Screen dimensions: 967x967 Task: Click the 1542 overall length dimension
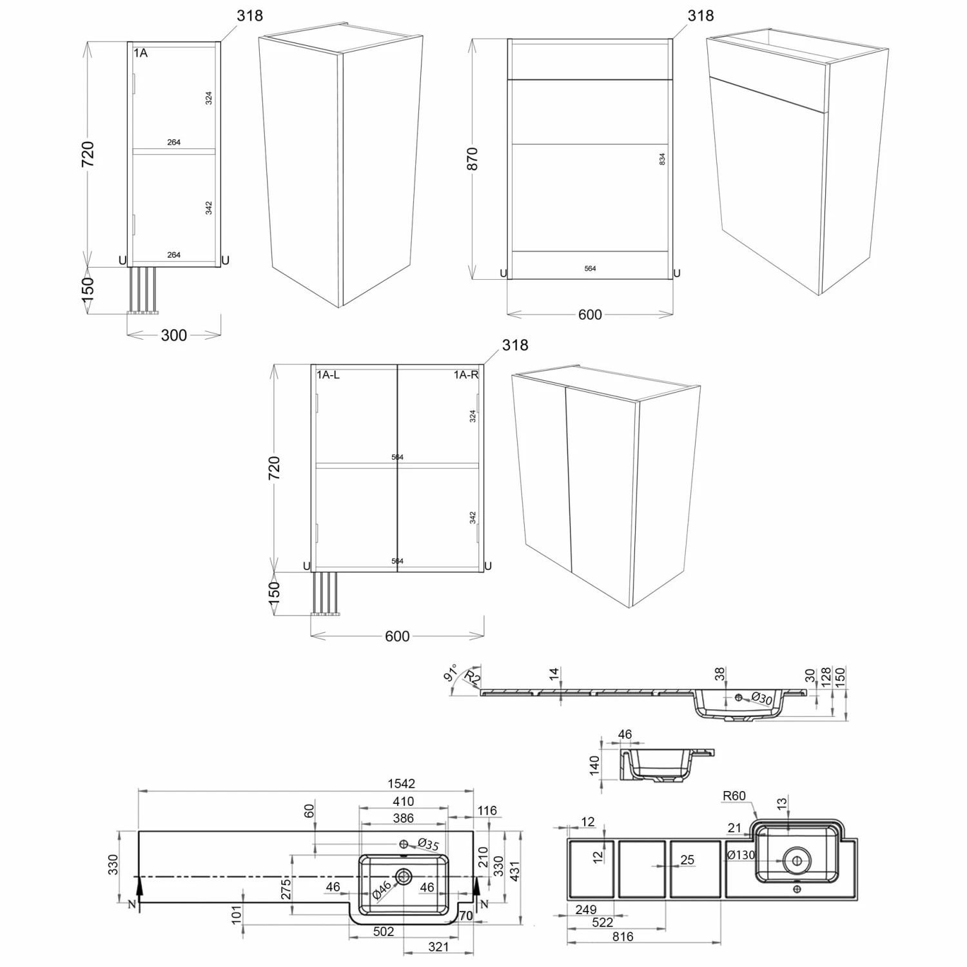pyautogui.click(x=401, y=783)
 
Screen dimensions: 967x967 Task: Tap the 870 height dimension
pyautogui.click(x=473, y=159)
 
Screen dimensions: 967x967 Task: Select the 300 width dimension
pyautogui.click(x=174, y=335)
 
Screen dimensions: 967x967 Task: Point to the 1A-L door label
pyautogui.click(x=328, y=375)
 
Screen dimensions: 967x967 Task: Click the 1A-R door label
pyautogui.click(x=466, y=375)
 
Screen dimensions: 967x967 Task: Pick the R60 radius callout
pyautogui.click(x=734, y=796)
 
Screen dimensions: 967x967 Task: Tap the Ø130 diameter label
pyautogui.click(x=741, y=855)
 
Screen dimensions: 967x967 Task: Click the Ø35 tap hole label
pyautogui.click(x=428, y=845)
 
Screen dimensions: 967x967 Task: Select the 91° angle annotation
pyautogui.click(x=451, y=672)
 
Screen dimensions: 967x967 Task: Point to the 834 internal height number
pyautogui.click(x=662, y=159)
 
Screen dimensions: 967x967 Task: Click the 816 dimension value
pyautogui.click(x=623, y=937)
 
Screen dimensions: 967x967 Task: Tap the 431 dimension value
pyautogui.click(x=514, y=871)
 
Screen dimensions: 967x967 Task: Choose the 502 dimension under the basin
pyautogui.click(x=384, y=932)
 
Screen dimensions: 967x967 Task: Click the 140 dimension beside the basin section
pyautogui.click(x=594, y=765)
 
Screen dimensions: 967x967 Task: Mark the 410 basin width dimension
pyautogui.click(x=404, y=801)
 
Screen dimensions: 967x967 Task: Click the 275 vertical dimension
pyautogui.click(x=286, y=889)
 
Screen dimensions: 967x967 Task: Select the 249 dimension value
pyautogui.click(x=586, y=910)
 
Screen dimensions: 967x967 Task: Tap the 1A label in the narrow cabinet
pyautogui.click(x=141, y=53)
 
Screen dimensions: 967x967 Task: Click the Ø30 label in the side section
pyautogui.click(x=762, y=698)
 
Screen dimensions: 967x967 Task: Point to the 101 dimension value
pyautogui.click(x=236, y=913)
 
